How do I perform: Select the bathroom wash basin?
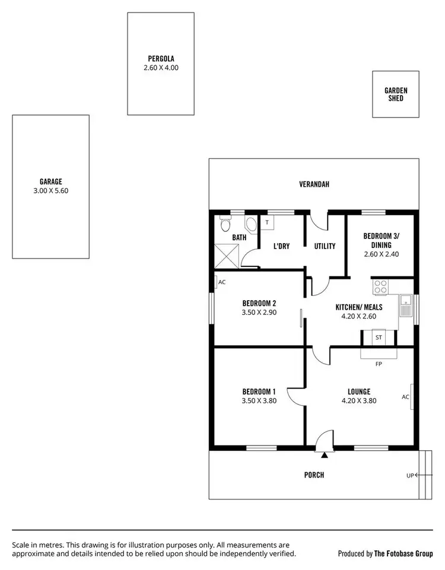click(x=251, y=225)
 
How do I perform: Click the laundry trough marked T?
click(x=268, y=223)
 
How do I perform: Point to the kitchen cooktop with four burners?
click(x=380, y=287)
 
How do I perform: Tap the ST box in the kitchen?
click(x=379, y=338)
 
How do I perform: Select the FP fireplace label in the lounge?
click(x=379, y=363)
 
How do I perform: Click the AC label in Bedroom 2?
click(x=222, y=282)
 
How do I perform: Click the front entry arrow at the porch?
click(x=325, y=456)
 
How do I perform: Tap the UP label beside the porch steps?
click(x=409, y=475)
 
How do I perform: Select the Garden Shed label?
click(x=396, y=94)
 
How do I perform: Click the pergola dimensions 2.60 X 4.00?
click(x=161, y=68)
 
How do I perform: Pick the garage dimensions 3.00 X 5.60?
click(x=51, y=191)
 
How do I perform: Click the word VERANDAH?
click(x=314, y=184)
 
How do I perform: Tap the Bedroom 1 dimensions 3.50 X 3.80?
click(x=259, y=400)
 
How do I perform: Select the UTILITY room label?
click(x=325, y=246)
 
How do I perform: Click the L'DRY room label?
click(x=281, y=246)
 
